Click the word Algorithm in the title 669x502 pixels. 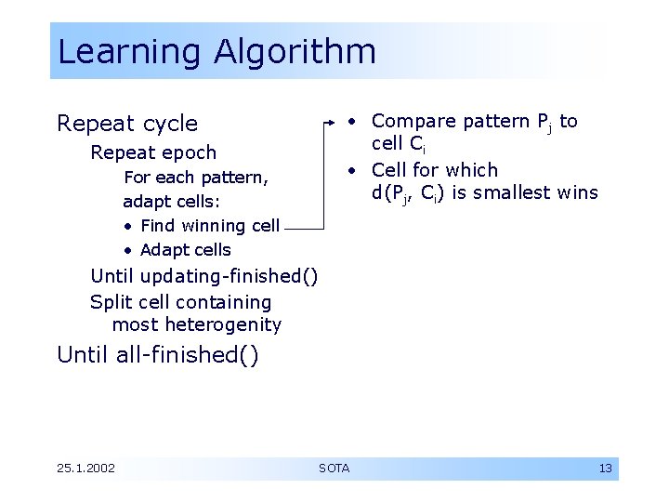coord(295,51)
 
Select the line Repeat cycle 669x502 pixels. coord(127,124)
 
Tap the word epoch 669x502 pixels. coord(191,152)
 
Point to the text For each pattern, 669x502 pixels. coord(196,178)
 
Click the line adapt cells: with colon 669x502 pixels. coord(171,202)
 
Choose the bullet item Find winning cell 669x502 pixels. coord(209,226)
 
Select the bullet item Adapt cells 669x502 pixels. coord(185,250)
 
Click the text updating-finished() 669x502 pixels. coord(228,276)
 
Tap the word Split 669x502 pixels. coord(111,302)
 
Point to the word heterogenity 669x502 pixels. coord(223,325)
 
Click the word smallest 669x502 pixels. coord(510,193)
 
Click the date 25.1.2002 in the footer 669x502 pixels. coord(85,469)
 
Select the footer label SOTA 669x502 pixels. coord(334,469)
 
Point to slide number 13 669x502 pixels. coord(605,469)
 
